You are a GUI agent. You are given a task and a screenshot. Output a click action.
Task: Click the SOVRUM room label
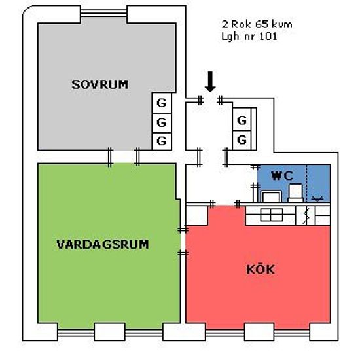pos(100,84)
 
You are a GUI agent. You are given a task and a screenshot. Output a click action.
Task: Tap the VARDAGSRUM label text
pos(103,245)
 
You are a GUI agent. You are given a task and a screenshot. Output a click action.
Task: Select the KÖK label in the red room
pos(261,268)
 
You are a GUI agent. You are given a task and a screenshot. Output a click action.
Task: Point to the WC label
pos(282,176)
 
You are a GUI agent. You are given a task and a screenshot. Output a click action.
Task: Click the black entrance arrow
pos(210,82)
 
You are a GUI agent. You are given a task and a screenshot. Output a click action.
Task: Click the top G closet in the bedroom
pos(162,103)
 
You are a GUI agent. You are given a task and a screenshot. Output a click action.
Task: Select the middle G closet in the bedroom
pos(162,122)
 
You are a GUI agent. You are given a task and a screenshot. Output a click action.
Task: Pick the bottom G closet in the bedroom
pos(162,141)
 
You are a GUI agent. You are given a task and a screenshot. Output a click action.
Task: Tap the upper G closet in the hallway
pos(242,120)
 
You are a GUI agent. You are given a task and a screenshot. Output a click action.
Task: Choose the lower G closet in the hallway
pos(242,140)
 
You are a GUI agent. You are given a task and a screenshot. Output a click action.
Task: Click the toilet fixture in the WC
pos(296,193)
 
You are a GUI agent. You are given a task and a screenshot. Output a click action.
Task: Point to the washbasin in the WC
pos(271,196)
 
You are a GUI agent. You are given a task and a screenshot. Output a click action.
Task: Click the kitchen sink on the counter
pos(272,215)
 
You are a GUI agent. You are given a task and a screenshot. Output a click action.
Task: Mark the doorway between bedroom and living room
pos(124,157)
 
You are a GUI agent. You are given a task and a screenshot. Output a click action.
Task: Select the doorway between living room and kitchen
pos(183,242)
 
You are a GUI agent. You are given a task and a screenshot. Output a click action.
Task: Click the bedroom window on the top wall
pos(103,13)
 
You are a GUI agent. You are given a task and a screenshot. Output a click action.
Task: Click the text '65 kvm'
pos(274,24)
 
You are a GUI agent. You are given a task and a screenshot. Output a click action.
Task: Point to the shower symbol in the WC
pos(317,199)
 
